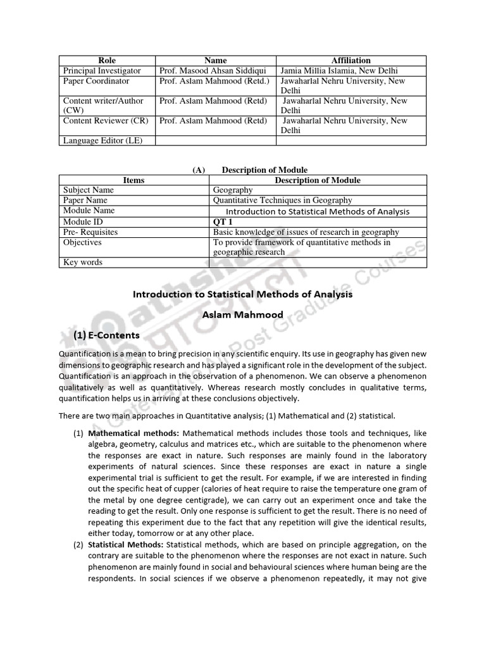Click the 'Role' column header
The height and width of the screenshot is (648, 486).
click(x=107, y=61)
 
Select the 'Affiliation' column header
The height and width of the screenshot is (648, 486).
click(x=351, y=61)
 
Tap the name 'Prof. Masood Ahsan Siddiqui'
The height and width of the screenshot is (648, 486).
click(x=214, y=71)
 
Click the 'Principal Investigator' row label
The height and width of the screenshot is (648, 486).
click(x=102, y=71)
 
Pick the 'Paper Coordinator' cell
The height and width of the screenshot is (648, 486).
click(x=96, y=81)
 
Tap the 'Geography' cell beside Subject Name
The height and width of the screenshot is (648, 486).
click(x=233, y=190)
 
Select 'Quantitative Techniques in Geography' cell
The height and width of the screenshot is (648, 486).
click(x=282, y=201)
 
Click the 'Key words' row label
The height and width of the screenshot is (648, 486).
click(x=82, y=262)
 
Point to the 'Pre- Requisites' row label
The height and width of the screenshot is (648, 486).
click(x=90, y=232)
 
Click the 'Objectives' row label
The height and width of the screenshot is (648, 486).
click(x=82, y=242)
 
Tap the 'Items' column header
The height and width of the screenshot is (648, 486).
click(x=134, y=180)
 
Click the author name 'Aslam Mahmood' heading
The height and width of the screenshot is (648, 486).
click(x=242, y=315)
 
